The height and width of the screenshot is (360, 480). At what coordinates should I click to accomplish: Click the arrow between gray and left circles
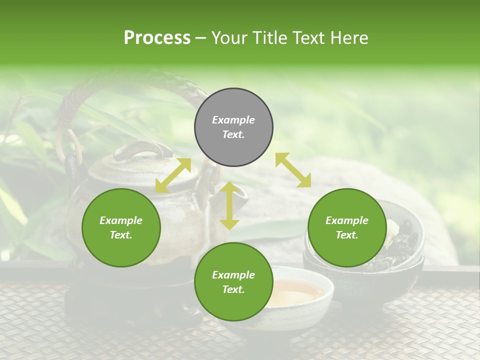point(173,175)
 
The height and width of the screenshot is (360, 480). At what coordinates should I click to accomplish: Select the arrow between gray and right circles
point(293,170)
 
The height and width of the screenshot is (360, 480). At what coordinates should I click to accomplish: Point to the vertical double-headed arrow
point(229,205)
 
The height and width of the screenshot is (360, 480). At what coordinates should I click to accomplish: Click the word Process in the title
point(157,37)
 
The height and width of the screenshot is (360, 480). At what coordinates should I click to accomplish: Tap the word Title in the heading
point(271,37)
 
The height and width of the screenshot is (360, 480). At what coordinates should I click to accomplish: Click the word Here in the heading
point(350,37)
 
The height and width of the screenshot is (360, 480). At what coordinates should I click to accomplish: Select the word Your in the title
point(229,37)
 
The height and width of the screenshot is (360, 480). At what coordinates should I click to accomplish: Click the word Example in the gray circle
point(233,120)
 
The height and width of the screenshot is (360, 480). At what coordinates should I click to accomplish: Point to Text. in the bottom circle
point(233,289)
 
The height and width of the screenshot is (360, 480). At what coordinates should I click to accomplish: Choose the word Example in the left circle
point(121,220)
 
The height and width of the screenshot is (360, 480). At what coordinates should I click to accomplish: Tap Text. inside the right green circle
point(347,235)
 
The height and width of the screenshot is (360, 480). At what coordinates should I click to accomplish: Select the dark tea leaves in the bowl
point(400,245)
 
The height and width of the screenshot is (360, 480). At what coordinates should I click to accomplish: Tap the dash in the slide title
point(201,38)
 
